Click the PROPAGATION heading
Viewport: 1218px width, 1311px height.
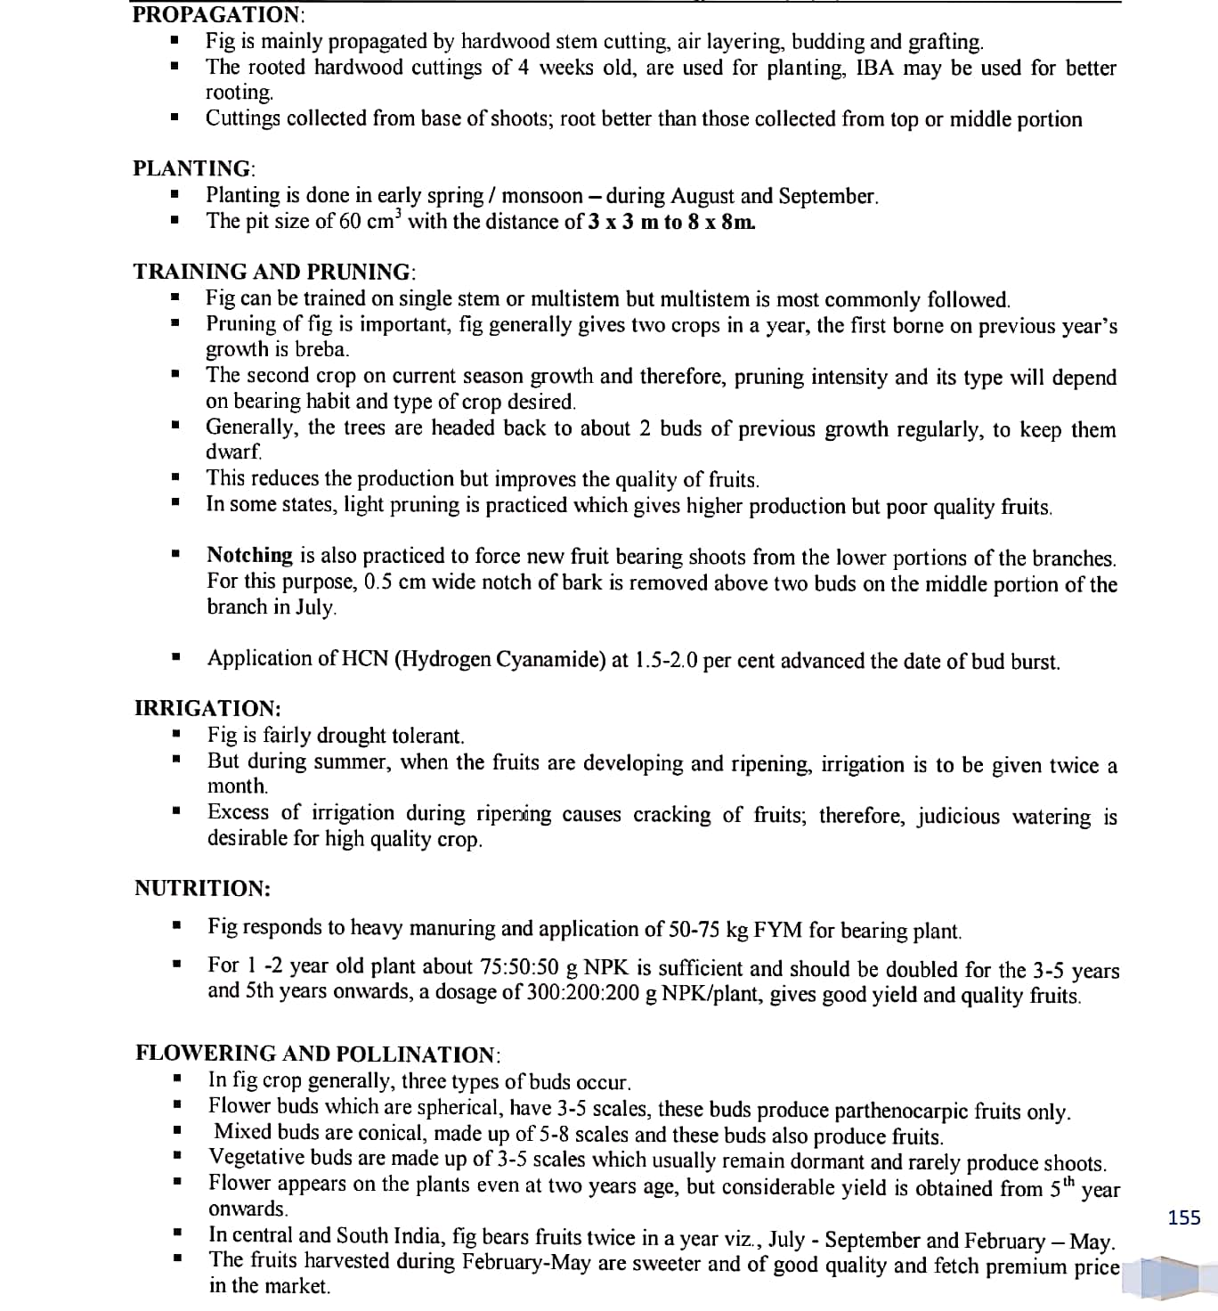pyautogui.click(x=217, y=14)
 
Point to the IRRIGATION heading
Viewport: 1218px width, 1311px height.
pyautogui.click(x=207, y=709)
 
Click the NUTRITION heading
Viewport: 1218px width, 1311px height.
pyautogui.click(x=202, y=888)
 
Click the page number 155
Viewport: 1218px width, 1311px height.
pyautogui.click(x=1183, y=1217)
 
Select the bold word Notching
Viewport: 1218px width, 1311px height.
pyautogui.click(x=249, y=556)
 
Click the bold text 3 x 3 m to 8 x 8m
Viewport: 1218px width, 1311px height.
pyautogui.click(x=673, y=222)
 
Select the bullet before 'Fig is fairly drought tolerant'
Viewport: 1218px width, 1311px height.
pyautogui.click(x=177, y=736)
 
